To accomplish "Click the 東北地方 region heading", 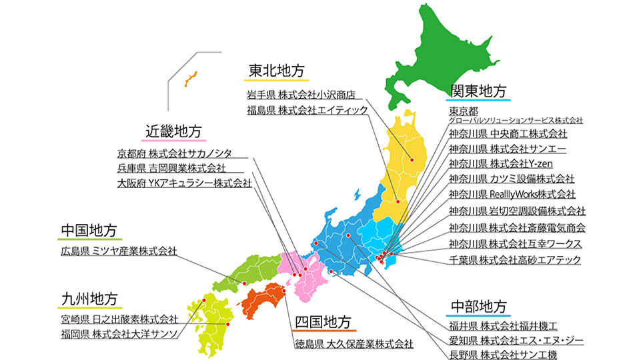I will click(276, 70).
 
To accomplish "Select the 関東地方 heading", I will click(478, 90).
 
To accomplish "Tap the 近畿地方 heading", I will click(173, 131).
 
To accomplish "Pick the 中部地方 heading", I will click(478, 306).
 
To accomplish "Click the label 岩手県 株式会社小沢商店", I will click(300, 94).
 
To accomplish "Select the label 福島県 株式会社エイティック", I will click(307, 110).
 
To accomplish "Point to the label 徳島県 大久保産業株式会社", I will click(354, 345).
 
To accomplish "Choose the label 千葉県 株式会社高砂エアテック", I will click(515, 259).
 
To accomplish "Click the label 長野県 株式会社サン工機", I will click(503, 354).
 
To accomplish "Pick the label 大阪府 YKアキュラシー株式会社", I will click(184, 182).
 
